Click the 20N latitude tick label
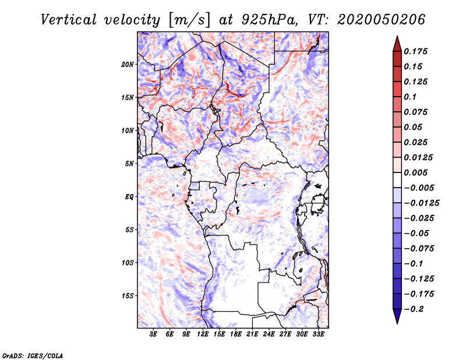[128, 64]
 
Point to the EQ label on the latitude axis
[129, 196]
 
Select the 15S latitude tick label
[128, 295]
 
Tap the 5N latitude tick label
[129, 164]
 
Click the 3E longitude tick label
[153, 334]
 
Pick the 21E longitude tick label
[252, 334]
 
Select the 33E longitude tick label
[318, 334]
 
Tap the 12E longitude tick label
[202, 334]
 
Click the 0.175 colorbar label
[415, 51]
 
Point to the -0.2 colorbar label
[414, 309]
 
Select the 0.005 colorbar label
[415, 172]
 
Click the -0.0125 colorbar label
[421, 203]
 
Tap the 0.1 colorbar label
[410, 97]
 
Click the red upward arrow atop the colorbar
[397, 44]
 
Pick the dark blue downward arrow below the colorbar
[397, 316]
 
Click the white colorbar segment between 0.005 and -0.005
[397, 180]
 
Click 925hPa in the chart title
[270, 20]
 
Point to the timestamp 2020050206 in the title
[382, 20]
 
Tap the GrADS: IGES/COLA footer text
[33, 355]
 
